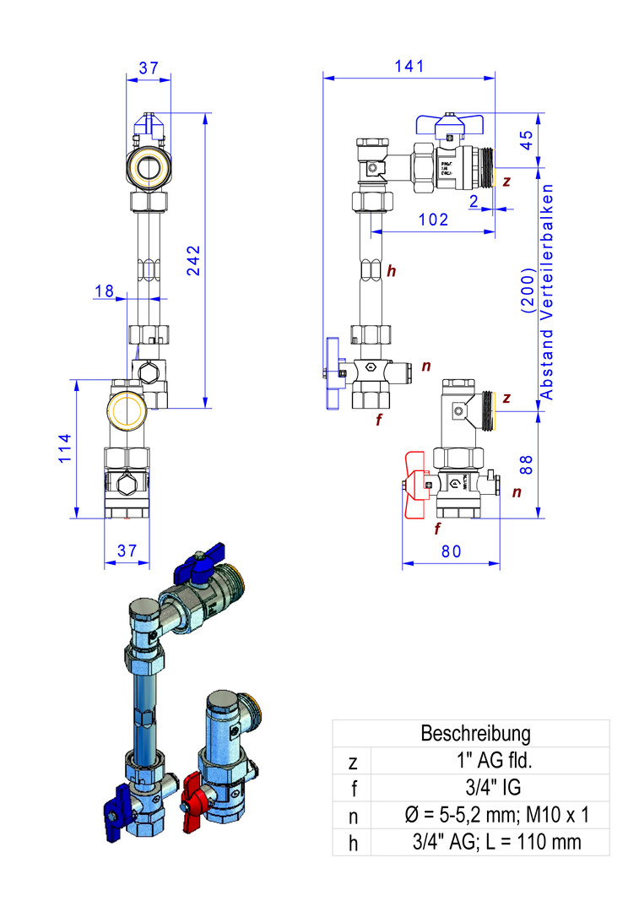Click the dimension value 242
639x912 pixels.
click(x=193, y=260)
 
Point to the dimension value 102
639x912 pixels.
click(x=433, y=219)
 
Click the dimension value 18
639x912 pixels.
click(x=105, y=290)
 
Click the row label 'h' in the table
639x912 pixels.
click(x=352, y=842)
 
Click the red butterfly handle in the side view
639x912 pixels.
click(x=415, y=486)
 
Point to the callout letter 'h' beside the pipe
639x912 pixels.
click(x=391, y=271)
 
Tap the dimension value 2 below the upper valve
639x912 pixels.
click(x=474, y=200)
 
